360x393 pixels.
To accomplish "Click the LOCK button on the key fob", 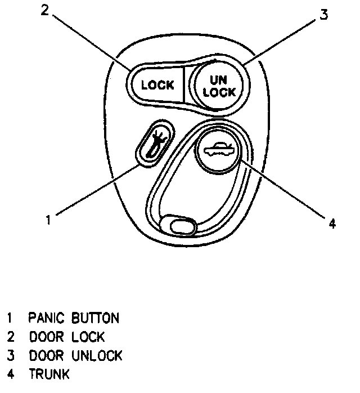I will (x=157, y=86).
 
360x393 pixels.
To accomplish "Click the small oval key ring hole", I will (x=179, y=226).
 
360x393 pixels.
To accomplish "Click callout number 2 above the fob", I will (x=46, y=11).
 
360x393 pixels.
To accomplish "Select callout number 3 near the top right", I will (x=323, y=15).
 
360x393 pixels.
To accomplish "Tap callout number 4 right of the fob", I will (x=332, y=224).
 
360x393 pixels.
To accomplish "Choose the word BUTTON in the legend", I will (x=95, y=318).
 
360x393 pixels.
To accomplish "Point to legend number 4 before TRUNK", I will (x=10, y=374).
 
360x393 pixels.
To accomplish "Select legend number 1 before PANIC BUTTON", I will (x=10, y=318).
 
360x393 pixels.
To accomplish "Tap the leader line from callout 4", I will (x=281, y=190).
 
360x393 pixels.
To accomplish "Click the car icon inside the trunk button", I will (x=218, y=151).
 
